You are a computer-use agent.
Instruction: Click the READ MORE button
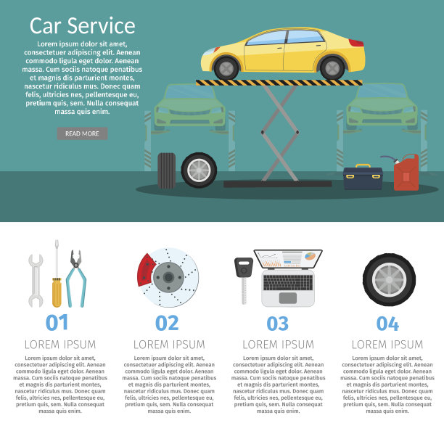click(82, 133)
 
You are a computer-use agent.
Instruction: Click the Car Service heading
click(83, 26)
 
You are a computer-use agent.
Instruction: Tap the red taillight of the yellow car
click(356, 43)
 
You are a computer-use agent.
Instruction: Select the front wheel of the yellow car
click(226, 68)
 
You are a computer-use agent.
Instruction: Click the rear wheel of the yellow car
click(332, 67)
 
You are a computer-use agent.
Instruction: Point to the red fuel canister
click(406, 173)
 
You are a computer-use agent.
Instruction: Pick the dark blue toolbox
click(363, 177)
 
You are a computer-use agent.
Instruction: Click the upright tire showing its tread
click(167, 170)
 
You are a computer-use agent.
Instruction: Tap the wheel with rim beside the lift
click(199, 170)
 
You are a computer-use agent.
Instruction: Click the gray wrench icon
click(36, 280)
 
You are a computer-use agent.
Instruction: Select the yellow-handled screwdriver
click(57, 274)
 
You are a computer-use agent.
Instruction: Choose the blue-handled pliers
click(76, 279)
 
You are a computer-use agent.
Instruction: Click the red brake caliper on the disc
click(146, 270)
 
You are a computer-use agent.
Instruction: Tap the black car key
click(244, 280)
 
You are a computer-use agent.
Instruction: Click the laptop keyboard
click(288, 282)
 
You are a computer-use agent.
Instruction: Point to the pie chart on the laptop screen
click(310, 256)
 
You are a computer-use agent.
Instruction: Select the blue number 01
click(57, 322)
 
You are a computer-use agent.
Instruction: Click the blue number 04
click(387, 324)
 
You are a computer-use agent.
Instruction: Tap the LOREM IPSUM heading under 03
click(279, 345)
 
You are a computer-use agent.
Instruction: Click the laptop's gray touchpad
click(288, 298)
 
